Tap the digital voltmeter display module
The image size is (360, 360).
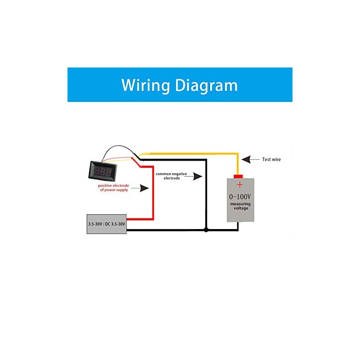(x=103, y=171)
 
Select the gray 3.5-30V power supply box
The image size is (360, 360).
(x=107, y=224)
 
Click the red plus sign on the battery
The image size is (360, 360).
(x=240, y=184)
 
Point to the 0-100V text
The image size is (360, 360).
(x=240, y=197)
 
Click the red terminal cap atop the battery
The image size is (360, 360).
(x=238, y=176)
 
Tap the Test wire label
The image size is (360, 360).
(x=271, y=159)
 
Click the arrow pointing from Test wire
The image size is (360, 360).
(x=251, y=159)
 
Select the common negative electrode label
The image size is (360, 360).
(x=171, y=176)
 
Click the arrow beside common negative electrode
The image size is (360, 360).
(x=193, y=176)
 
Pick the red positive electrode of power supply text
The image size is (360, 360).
(x=114, y=188)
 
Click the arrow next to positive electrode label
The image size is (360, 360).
(x=140, y=188)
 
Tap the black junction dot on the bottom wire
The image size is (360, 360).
(x=206, y=230)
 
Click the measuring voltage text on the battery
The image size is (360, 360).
(x=240, y=206)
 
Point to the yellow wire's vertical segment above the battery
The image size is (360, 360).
(x=238, y=164)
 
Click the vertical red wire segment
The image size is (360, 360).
(x=153, y=193)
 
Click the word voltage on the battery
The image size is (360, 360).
(x=241, y=208)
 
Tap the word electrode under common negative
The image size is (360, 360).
(x=172, y=178)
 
